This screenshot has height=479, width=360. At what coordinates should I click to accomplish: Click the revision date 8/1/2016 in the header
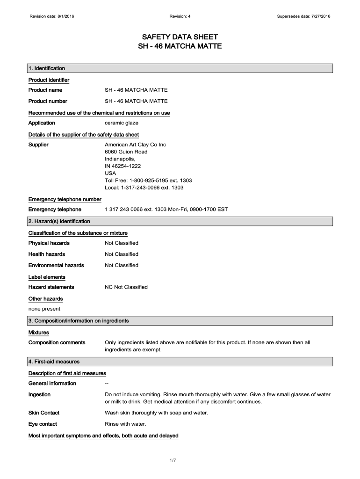pos(52,17)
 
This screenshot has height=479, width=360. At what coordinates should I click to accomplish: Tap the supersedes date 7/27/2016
pos(304,17)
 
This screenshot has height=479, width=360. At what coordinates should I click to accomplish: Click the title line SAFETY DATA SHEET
pos(180,37)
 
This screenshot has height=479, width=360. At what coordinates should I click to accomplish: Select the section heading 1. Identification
pos(47,69)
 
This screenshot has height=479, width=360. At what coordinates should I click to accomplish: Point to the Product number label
pos(48,102)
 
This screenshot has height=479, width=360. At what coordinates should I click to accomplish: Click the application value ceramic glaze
pos(122,123)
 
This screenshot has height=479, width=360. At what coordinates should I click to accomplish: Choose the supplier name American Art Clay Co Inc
pos(135,145)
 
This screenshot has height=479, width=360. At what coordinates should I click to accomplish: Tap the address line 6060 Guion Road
pos(126,152)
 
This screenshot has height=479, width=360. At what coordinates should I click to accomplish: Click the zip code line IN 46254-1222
pos(122,166)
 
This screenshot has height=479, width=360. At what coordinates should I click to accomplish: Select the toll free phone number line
pos(148,181)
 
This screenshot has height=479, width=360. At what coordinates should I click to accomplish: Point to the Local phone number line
pos(144,188)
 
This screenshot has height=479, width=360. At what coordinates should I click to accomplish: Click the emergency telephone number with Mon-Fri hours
pos(166,210)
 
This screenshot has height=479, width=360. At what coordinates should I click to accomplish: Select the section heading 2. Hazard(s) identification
pos(59,221)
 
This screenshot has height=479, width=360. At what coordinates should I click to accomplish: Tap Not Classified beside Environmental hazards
pos(122,265)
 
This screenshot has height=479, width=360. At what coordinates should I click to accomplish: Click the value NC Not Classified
pos(126,287)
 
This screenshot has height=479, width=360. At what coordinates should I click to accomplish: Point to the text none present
pos(44,309)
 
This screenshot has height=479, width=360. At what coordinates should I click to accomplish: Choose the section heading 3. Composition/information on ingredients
pos(79,321)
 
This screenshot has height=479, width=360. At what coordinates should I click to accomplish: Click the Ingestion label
pos(39,395)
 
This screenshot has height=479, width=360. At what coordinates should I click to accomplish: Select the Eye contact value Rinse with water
pos(125,424)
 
